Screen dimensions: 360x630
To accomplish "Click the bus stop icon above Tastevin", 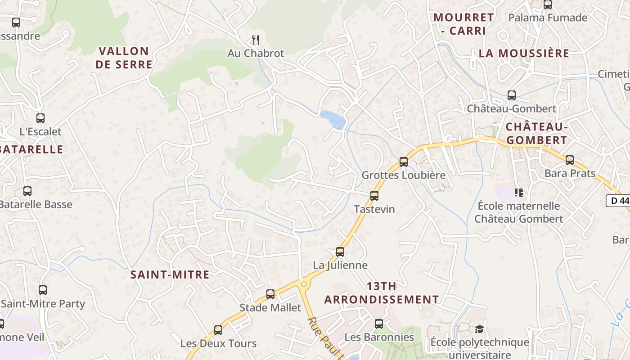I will tap(374, 196).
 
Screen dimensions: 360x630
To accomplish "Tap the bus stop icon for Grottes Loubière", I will tap(404, 162).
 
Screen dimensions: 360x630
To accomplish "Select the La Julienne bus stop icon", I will tap(340, 252).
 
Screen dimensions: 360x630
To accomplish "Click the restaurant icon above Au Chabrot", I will tap(256, 40).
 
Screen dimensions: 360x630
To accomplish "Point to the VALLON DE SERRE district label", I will tap(124, 58).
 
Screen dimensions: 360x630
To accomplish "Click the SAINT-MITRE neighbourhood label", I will tap(170, 274).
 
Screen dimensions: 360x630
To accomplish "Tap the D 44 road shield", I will tap(618, 201).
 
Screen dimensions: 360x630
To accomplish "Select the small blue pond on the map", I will tap(333, 119).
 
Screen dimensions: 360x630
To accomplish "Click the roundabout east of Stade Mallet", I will tap(304, 284).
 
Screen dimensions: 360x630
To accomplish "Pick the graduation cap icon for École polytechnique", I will tap(479, 329).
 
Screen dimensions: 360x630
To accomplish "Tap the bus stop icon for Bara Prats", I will tap(570, 160).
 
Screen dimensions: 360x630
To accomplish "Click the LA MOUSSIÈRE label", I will tap(524, 53).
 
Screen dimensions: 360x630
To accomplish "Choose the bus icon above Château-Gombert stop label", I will tap(512, 95).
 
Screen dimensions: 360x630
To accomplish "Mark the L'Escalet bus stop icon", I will tap(40, 118).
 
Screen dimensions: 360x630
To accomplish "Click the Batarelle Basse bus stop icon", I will tap(27, 191).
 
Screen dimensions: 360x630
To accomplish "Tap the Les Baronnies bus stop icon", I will tap(379, 324).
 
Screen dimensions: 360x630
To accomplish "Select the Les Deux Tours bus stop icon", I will tap(218, 330).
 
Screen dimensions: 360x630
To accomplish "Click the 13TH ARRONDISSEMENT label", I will tap(382, 293).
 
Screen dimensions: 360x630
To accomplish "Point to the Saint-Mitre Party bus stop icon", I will tap(43, 290).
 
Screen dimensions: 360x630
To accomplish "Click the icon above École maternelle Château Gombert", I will tap(518, 193).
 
